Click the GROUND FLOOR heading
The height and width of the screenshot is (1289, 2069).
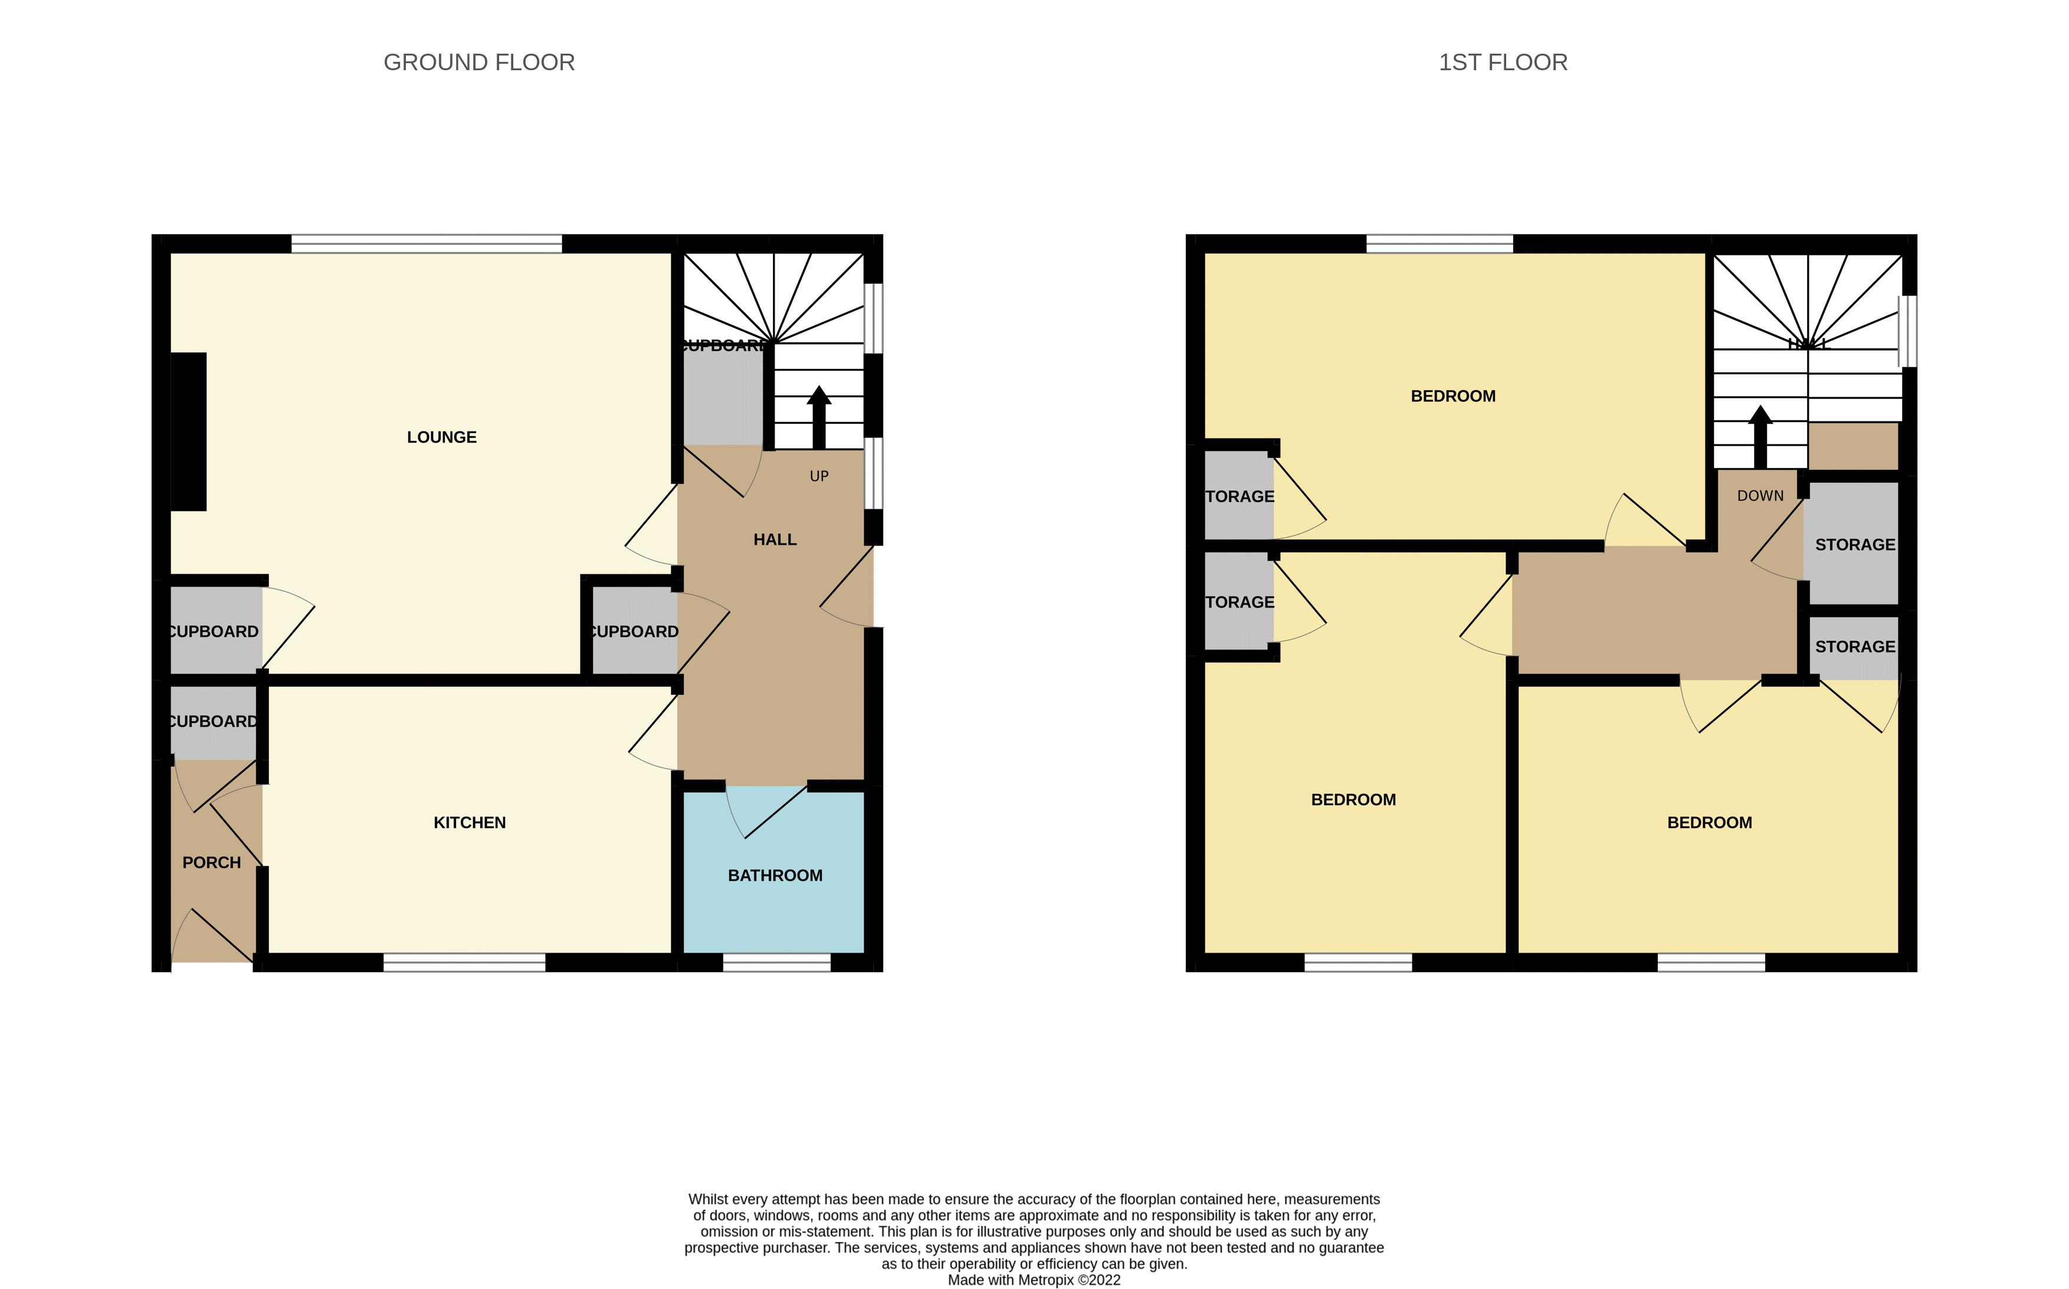(479, 62)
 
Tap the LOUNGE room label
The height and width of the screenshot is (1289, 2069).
(441, 437)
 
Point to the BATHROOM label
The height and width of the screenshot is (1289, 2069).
(775, 875)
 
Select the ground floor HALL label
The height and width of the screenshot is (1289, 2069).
(775, 539)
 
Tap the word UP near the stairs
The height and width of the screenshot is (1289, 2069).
(819, 476)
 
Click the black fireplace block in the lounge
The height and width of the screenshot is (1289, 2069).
(188, 431)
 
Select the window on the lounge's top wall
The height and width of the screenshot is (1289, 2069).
(426, 244)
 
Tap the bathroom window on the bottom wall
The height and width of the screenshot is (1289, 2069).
(776, 963)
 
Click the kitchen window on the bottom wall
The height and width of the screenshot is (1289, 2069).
(464, 963)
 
